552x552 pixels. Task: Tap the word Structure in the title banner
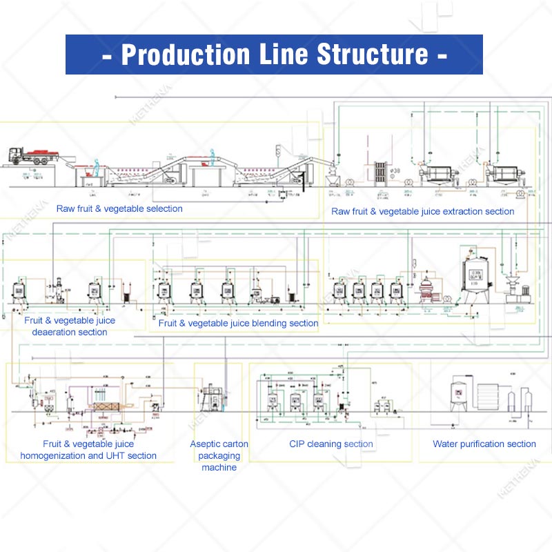point(361,55)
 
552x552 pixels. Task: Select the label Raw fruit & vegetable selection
point(119,208)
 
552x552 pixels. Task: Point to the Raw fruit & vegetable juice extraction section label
point(422,211)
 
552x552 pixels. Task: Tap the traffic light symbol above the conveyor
point(279,151)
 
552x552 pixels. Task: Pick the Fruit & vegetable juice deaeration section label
point(70,326)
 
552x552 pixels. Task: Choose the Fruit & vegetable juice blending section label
point(238,323)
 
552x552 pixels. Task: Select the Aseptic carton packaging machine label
point(219,455)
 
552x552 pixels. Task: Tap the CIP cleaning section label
point(331,444)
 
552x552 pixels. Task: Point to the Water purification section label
point(484,444)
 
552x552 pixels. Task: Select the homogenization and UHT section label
point(88,450)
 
